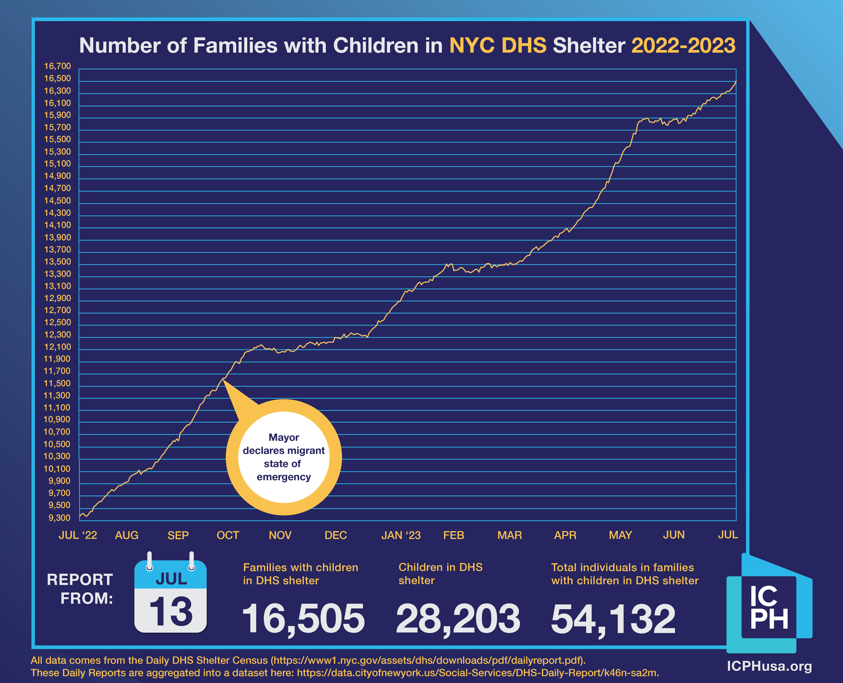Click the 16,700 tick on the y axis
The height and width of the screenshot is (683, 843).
coord(57,66)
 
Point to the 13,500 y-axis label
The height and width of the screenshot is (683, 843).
coord(57,262)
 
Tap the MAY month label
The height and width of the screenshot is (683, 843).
coord(620,535)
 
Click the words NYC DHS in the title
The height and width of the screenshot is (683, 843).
coord(498,46)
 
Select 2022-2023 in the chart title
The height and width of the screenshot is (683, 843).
coord(683,46)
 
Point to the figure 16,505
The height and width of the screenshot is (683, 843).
coord(303,619)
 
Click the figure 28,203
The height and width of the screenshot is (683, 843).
coord(458,619)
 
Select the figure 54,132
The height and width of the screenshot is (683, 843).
coord(613,619)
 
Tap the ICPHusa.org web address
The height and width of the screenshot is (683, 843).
coord(769,666)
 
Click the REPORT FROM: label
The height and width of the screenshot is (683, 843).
coord(80,589)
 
